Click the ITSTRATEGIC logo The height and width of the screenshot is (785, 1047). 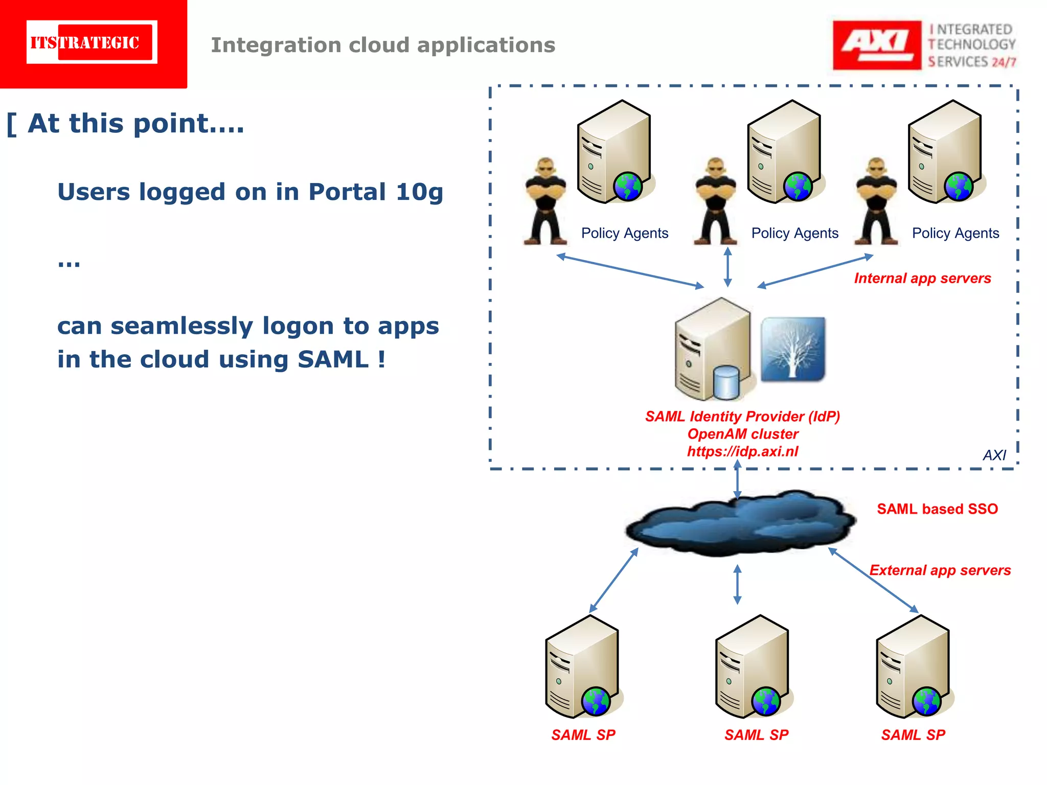coord(92,42)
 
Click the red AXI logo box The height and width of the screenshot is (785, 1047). coord(876,45)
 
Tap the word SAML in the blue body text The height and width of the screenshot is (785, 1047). coord(333,359)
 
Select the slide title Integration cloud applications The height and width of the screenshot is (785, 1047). coord(383,45)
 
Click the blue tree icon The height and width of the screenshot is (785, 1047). coord(793,349)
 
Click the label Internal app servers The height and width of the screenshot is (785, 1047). coord(922,279)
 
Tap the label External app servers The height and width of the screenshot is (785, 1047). coord(940,570)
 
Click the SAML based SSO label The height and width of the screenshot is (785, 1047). coord(937,509)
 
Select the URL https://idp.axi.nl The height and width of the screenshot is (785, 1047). coord(742,452)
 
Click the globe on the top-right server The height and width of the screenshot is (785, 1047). coord(959,187)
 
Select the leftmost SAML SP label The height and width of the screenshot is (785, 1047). coord(583,735)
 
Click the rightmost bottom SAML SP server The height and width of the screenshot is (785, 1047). coord(913,667)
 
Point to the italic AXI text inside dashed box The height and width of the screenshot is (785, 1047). coord(994,455)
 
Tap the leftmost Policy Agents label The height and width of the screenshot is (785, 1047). coord(625,234)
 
